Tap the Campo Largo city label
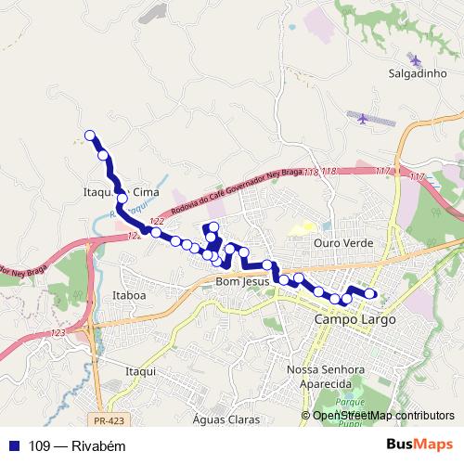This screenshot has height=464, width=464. [x=355, y=319]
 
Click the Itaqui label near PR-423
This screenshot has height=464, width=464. [x=138, y=370]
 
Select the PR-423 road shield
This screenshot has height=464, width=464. [x=110, y=395]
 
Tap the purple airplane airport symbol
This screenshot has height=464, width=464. [x=361, y=117]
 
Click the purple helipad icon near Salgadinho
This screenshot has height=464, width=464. [x=414, y=60]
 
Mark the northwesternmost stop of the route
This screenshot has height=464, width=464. [x=90, y=135]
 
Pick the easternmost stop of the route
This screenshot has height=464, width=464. [x=370, y=294]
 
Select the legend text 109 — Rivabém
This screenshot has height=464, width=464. [x=64, y=445]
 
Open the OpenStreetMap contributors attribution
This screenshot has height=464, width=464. [x=382, y=416]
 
